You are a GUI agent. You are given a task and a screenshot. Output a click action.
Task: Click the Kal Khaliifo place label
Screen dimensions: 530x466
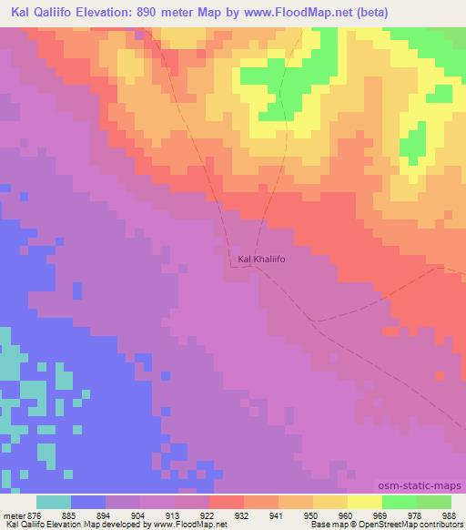click(x=261, y=260)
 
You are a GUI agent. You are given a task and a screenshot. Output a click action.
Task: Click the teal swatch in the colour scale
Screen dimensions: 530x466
click(x=54, y=503)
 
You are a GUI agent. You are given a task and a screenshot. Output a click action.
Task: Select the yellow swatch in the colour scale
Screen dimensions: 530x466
click(x=364, y=503)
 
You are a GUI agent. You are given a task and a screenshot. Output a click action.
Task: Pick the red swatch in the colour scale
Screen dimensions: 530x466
click(x=226, y=503)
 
